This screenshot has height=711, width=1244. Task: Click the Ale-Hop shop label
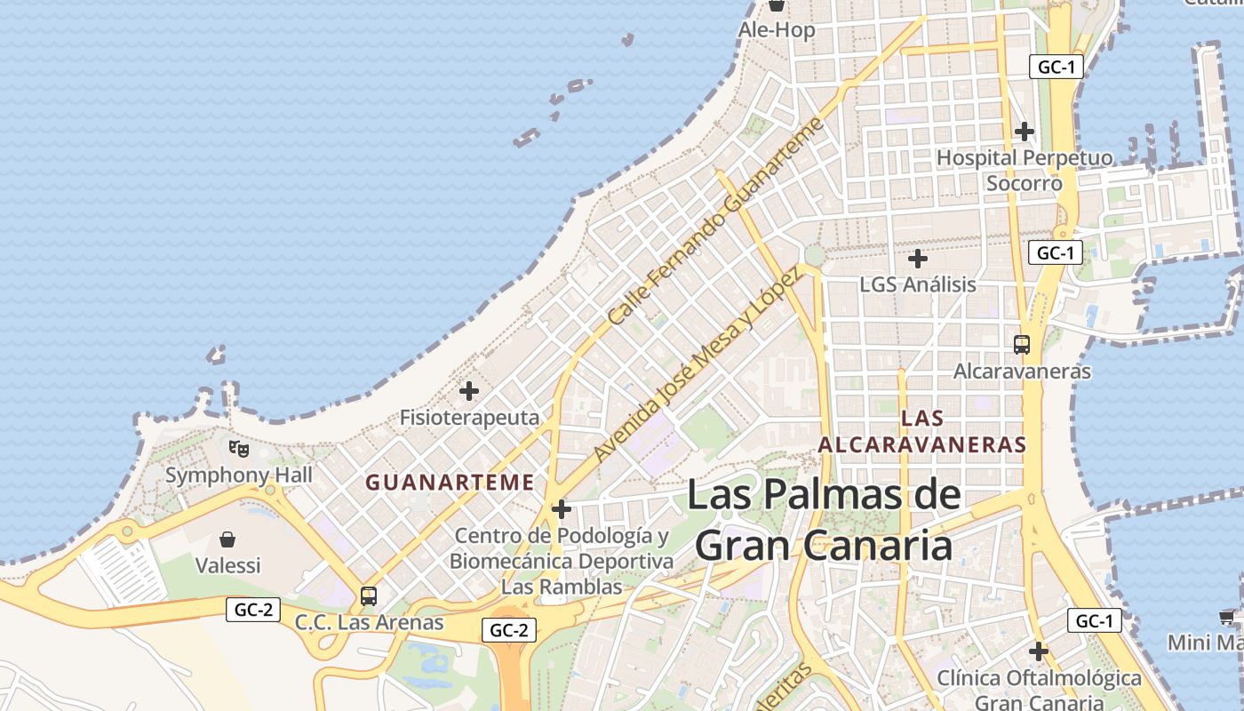pos(776,30)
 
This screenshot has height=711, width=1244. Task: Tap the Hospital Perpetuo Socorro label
pos(1025,171)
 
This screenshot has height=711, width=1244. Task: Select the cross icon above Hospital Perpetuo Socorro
pos(1025,132)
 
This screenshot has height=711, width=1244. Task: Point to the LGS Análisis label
pos(918,285)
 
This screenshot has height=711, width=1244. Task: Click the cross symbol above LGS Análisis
pos(918,259)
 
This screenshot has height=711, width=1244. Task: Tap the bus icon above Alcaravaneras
pos(1022,344)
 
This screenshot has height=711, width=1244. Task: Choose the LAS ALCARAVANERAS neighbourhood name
pos(921,431)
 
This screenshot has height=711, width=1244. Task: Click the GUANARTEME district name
pos(450,483)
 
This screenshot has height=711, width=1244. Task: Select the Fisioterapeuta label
pos(469,418)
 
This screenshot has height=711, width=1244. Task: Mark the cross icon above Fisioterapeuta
pos(469,390)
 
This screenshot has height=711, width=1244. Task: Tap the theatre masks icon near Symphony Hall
pos(238,448)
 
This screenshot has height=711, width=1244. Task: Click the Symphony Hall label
pos(239,475)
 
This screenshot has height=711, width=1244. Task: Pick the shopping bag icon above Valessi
pos(227,539)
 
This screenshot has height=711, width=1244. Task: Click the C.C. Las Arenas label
pos(369,622)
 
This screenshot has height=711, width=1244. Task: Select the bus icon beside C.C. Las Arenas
pos(369,595)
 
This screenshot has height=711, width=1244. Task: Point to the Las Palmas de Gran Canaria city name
pos(824,520)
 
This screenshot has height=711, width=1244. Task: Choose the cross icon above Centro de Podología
pos(561,509)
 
